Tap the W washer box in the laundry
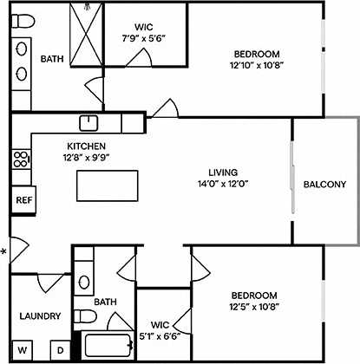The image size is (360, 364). pos(23,350)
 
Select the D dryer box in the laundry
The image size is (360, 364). pos(61,350)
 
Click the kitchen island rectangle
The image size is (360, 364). pos(108,185)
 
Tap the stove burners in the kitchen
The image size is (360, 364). pos(22,159)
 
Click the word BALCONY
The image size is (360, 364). pos(324,184)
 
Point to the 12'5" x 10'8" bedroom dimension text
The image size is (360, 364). pos(253,306)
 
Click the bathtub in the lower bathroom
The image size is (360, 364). pos(107,347)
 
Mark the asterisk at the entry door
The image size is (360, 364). pos(4,253)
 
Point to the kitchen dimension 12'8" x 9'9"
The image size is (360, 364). pos(87,158)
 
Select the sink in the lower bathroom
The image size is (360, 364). pos(84,282)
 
